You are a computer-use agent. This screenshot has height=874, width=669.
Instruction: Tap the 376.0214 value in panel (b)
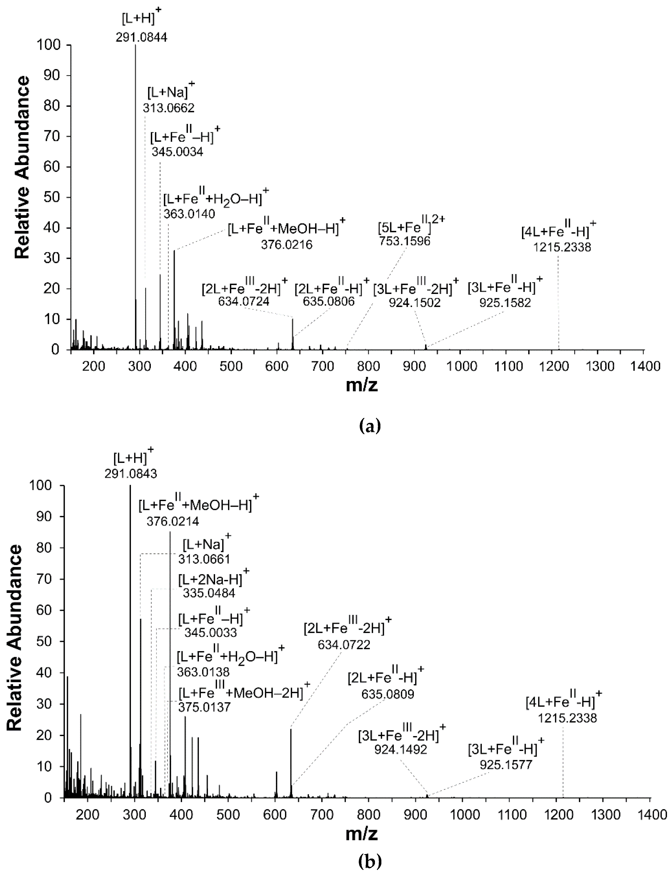pyautogui.click(x=173, y=521)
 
